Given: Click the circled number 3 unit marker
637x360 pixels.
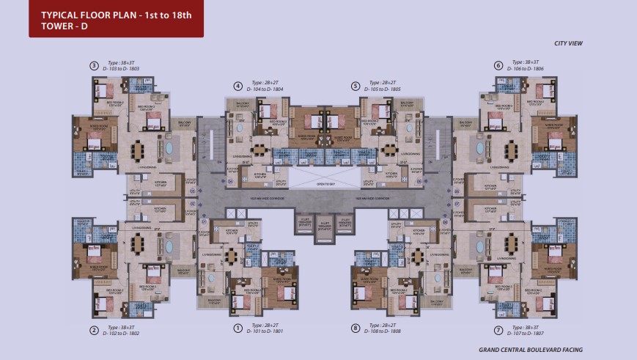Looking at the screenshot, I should [94, 65].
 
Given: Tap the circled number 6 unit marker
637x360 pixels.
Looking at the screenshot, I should [498, 65].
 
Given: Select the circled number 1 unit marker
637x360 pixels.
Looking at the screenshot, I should [238, 328].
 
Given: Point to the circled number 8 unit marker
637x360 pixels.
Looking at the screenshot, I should [355, 328].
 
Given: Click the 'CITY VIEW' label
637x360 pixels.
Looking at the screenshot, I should [568, 43].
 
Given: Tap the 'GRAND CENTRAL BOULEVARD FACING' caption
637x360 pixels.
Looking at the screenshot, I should [531, 350].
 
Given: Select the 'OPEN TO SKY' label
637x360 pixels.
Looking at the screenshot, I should [318, 184].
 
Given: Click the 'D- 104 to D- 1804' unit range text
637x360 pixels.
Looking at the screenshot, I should [265, 89].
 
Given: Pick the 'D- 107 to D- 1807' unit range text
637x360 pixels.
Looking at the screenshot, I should [524, 332].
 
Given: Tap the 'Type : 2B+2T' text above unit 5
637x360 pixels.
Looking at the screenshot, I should [383, 83].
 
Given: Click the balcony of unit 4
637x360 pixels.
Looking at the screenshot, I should [240, 106].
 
